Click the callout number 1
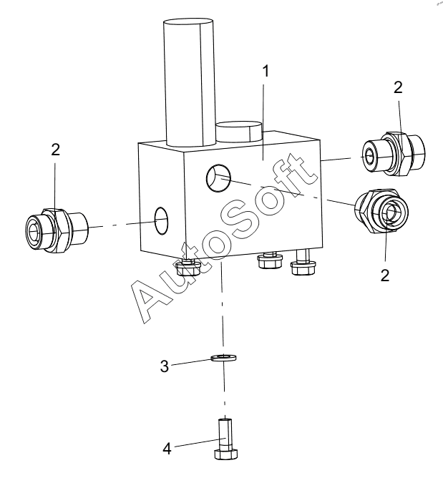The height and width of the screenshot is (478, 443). point(266,72)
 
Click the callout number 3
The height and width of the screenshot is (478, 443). point(165,366)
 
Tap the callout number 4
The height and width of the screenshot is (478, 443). point(167,449)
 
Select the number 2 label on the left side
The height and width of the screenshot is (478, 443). point(55,150)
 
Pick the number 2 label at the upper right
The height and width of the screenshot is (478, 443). point(398,87)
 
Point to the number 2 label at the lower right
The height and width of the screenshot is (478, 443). point(385,275)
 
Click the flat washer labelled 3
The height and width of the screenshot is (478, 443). point(224,357)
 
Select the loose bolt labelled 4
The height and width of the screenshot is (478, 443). point(225,439)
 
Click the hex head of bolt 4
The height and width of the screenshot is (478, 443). point(226,454)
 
